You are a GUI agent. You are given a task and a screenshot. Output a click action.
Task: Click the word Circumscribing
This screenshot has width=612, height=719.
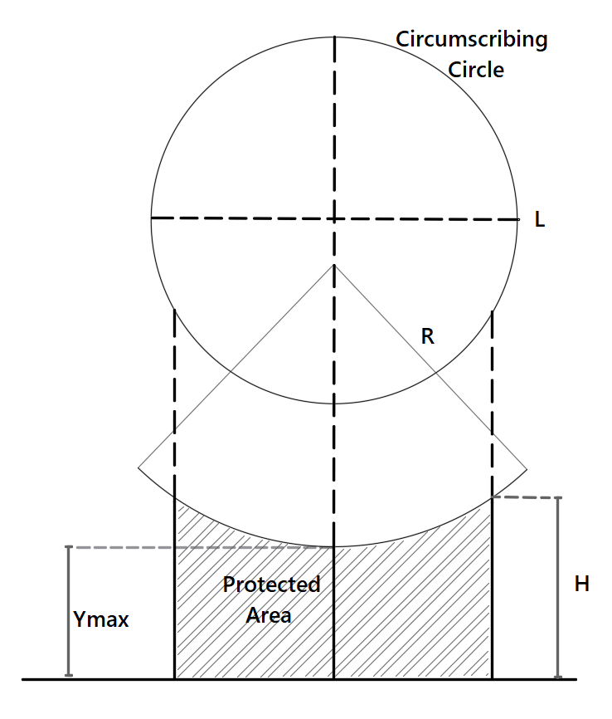(x=471, y=40)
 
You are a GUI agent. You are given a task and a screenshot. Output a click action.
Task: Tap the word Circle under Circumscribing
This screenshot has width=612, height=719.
(x=476, y=69)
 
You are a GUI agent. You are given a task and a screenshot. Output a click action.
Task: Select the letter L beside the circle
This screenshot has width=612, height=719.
(x=540, y=221)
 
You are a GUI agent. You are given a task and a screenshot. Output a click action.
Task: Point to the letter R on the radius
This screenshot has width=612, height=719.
(x=428, y=336)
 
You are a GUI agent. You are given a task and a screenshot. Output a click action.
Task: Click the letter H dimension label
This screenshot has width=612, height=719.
(x=582, y=584)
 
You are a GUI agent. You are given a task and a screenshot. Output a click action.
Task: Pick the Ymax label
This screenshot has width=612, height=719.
(x=101, y=619)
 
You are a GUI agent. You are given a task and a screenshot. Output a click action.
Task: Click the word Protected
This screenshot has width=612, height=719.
(x=271, y=584)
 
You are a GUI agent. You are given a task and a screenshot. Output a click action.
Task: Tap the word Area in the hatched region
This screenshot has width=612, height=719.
(x=269, y=615)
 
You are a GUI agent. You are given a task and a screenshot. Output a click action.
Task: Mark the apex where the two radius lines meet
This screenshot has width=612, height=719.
(x=334, y=265)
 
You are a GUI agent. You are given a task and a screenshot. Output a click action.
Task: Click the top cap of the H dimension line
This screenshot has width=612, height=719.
(x=558, y=498)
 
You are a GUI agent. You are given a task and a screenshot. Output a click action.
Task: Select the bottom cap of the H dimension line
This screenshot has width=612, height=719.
(x=558, y=677)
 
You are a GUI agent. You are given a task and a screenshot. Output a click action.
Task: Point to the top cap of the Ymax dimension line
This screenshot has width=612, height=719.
(x=69, y=547)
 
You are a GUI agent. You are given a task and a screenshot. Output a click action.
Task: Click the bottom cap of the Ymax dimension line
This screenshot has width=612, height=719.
(x=69, y=675)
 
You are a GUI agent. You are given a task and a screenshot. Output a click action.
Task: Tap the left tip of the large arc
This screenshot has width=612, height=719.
(x=138, y=469)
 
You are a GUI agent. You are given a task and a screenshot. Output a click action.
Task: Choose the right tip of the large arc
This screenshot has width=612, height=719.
(x=527, y=469)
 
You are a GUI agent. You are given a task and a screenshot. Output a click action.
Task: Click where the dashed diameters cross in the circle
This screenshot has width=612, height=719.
(x=334, y=218)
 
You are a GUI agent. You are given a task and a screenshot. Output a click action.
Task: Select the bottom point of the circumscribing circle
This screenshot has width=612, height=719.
(x=334, y=404)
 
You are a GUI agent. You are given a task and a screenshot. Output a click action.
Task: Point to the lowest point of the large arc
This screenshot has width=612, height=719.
(x=334, y=546)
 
